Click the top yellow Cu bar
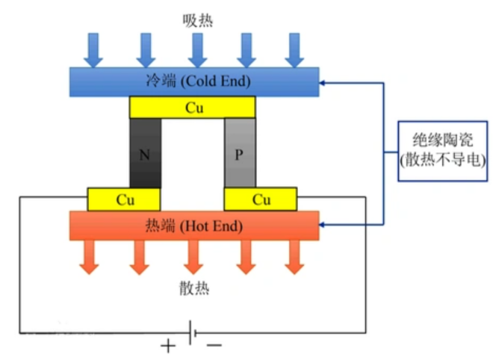pos(193,108)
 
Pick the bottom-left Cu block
pos(124,199)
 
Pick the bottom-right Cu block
pos(261,199)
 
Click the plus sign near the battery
pos(168,346)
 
